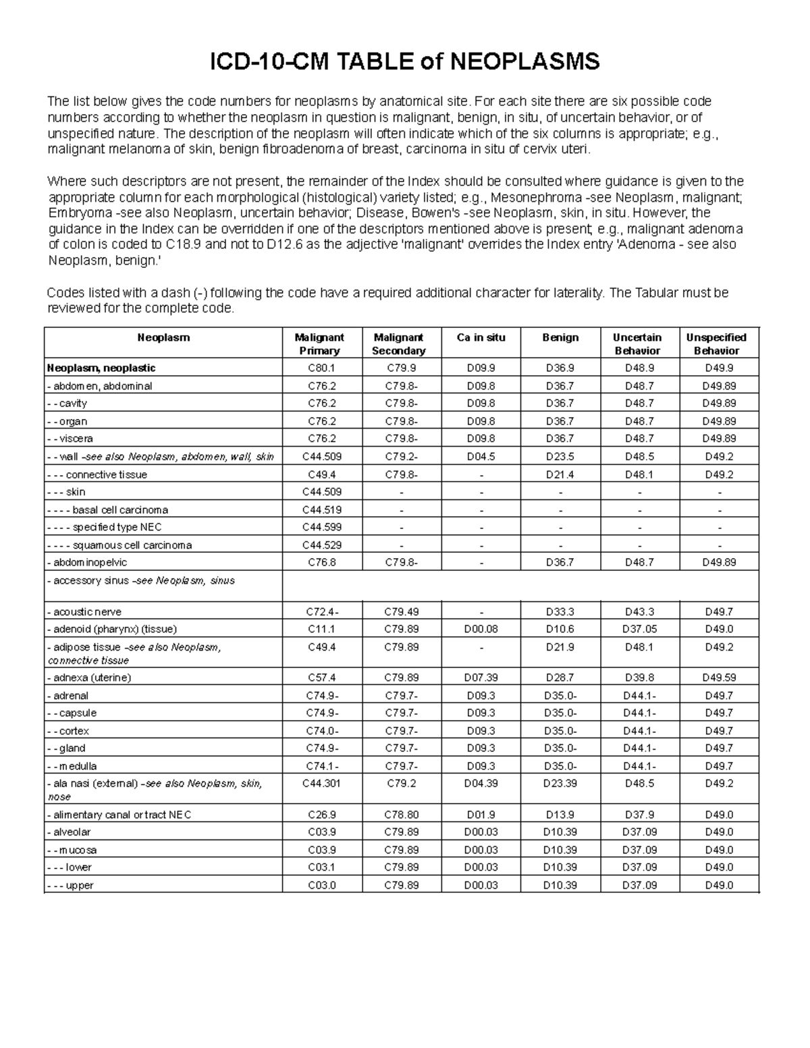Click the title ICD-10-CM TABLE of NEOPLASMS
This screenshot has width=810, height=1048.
[x=405, y=62]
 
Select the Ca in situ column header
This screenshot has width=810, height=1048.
[x=481, y=337]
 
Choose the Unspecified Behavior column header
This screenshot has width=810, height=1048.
[x=716, y=343]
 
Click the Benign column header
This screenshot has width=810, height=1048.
[x=560, y=337]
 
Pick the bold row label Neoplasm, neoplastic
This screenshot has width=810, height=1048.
[x=101, y=368]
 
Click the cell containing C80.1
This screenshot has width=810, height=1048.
[x=321, y=368]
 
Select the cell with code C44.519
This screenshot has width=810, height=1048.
[x=321, y=509]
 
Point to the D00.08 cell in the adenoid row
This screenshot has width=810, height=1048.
[x=481, y=629]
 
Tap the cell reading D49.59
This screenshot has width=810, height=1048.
[x=719, y=678]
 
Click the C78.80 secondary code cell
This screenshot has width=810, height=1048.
[x=401, y=815]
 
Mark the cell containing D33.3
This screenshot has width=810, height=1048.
[x=560, y=612]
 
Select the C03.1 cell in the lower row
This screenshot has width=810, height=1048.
[x=321, y=867]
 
